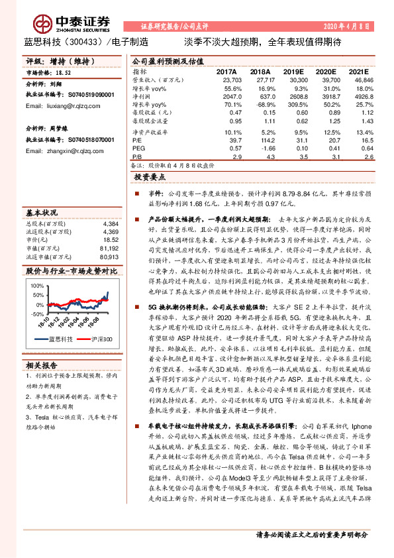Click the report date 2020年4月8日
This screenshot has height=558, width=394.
click(x=346, y=27)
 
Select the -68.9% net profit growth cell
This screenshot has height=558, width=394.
click(x=260, y=105)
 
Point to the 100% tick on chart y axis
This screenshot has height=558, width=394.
click(x=35, y=286)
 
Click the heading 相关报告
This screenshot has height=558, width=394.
click(x=42, y=364)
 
